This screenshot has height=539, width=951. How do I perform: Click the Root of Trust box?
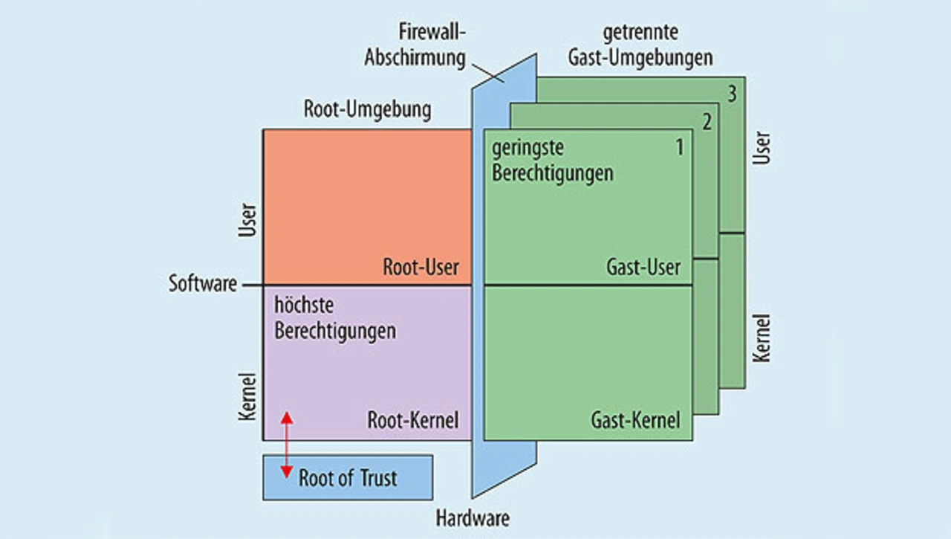click(348, 477)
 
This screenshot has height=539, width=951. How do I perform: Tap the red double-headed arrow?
click(287, 445)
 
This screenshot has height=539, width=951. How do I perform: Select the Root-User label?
click(421, 267)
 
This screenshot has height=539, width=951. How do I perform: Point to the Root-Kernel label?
click(412, 420)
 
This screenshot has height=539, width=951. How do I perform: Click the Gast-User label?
click(643, 267)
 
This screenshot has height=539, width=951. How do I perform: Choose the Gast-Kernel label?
click(635, 420)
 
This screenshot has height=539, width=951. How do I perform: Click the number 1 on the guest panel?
click(680, 147)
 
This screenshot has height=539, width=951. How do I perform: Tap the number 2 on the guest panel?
click(707, 123)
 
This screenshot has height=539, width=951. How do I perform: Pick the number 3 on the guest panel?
click(733, 94)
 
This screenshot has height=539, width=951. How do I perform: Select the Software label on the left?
click(203, 283)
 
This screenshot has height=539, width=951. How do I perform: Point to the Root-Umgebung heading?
click(367, 109)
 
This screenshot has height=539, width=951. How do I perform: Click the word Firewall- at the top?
click(432, 32)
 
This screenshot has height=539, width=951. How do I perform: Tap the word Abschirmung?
click(415, 57)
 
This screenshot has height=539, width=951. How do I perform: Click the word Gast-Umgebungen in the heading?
click(640, 58)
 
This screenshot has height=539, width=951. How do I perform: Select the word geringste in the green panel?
click(528, 148)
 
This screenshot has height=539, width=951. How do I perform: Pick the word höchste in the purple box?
click(304, 305)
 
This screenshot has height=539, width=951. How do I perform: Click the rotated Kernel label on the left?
click(247, 397)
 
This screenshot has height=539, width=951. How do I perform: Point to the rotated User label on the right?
click(762, 148)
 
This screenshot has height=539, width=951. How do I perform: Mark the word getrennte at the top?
click(640, 33)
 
